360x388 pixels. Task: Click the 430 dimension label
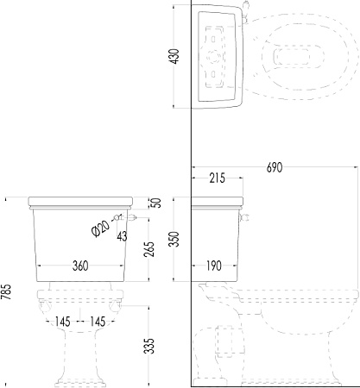pos(175,56)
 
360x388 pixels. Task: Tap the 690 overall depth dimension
pos(275,167)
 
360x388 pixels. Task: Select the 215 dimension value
pos(218,178)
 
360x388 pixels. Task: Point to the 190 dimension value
pos(214,266)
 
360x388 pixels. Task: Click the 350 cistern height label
pos(174,239)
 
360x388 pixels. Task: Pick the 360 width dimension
pos(80,266)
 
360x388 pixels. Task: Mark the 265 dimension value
pos(150,249)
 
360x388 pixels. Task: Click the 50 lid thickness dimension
pos(157,203)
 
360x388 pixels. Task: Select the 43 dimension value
pos(123,236)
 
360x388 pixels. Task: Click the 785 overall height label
pos(6,291)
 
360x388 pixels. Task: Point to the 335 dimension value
pos(150,346)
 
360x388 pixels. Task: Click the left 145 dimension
pos(62,322)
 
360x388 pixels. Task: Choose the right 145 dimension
pos(98,322)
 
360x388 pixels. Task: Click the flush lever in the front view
pos(131,217)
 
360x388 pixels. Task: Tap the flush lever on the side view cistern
pos(245,217)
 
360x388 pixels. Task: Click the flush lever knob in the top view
pos(246,4)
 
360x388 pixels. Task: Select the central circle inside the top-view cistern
pos(213,56)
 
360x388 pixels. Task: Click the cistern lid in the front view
pos(80,203)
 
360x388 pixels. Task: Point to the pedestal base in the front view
pos(81,383)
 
